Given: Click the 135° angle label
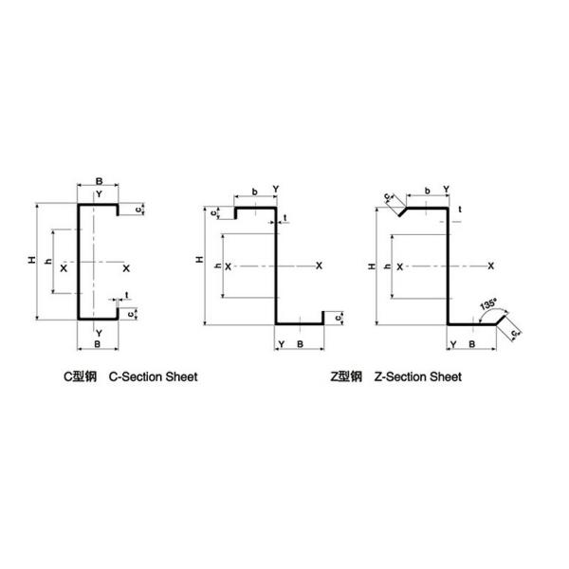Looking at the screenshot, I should (487, 305).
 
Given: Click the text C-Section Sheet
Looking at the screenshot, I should (154, 376).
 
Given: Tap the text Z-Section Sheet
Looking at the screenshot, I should (418, 376).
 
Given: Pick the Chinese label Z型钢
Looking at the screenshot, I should (346, 376).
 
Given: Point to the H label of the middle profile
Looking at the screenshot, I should (198, 259).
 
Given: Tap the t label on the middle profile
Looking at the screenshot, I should (285, 219).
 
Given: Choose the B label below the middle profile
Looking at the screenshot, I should (301, 342).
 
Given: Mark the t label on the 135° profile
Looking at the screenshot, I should (459, 208).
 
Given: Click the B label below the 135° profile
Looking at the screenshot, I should (471, 342).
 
